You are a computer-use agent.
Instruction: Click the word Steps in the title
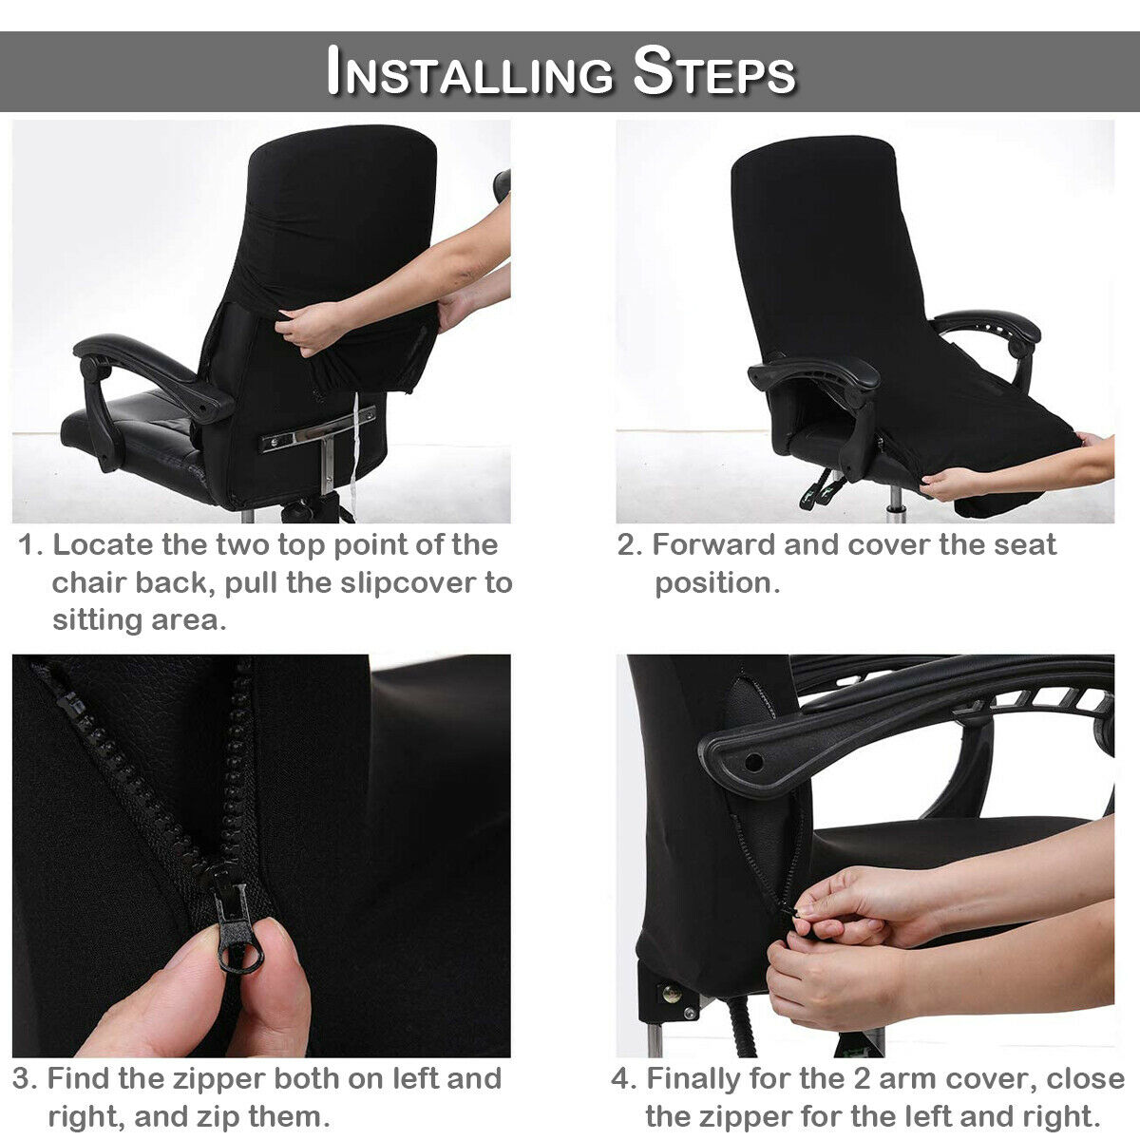pyautogui.click(x=713, y=71)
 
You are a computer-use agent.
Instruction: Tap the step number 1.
pyautogui.click(x=30, y=545)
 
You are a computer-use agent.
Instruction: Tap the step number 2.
pyautogui.click(x=629, y=545)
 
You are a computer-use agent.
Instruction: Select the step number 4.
pyautogui.click(x=622, y=1079)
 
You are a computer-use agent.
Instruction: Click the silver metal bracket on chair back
pyautogui.click(x=318, y=428)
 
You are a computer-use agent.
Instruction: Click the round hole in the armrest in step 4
pyautogui.click(x=753, y=762)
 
